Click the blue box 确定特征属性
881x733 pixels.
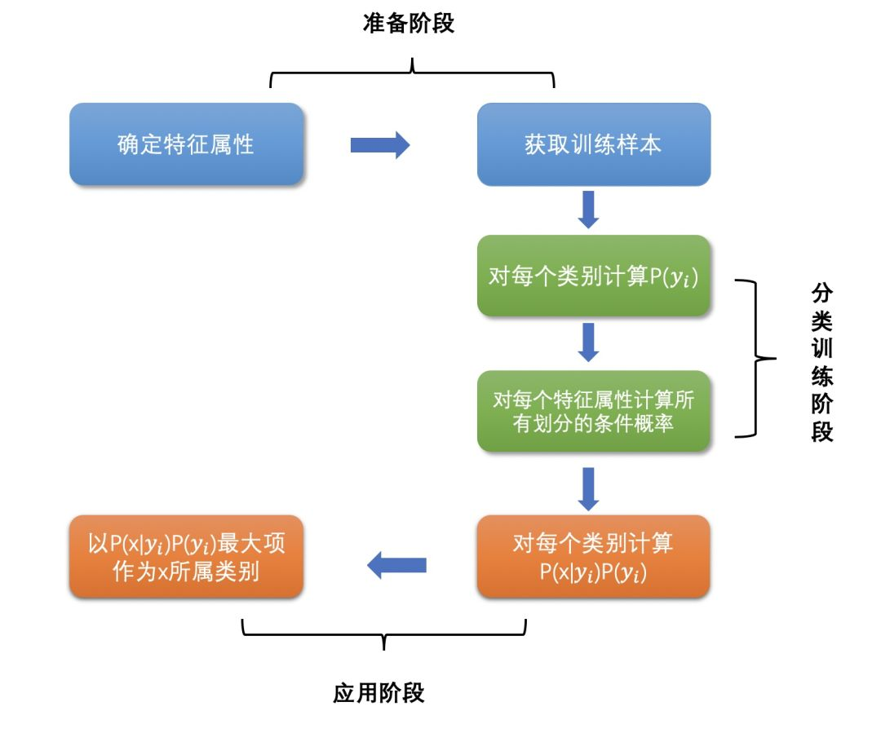(x=186, y=144)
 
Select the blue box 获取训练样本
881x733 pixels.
(x=593, y=144)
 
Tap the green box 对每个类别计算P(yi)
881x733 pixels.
(x=593, y=276)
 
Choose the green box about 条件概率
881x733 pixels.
(x=593, y=411)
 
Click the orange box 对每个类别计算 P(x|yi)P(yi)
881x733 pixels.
(x=593, y=557)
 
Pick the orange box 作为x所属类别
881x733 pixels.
(x=186, y=557)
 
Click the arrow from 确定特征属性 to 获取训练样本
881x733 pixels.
(x=379, y=144)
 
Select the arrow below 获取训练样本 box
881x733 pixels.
(x=588, y=210)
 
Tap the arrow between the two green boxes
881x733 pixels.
(x=588, y=342)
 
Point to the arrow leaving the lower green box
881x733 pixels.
(x=588, y=488)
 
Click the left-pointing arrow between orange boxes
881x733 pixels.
(x=397, y=564)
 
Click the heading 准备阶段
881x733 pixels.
(x=408, y=24)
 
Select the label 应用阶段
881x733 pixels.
(x=379, y=693)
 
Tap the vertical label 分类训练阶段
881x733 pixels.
(x=821, y=362)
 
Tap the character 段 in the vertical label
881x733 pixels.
(x=821, y=431)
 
